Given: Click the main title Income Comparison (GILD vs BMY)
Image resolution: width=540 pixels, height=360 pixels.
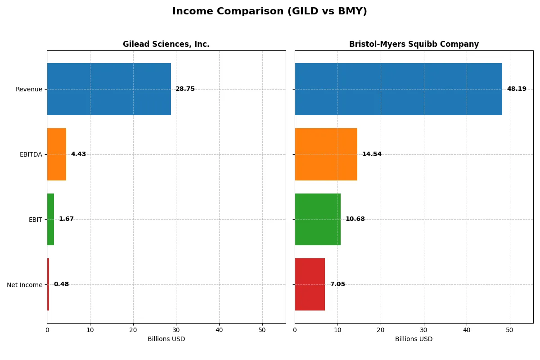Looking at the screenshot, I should pyautogui.click(x=270, y=11).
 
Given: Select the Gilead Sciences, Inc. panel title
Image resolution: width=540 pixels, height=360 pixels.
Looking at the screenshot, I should pyautogui.click(x=166, y=44).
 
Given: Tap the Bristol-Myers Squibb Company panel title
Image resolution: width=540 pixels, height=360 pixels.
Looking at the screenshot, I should pyautogui.click(x=414, y=44).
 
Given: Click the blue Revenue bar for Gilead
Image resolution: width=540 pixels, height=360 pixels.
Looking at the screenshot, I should pyautogui.click(x=109, y=89).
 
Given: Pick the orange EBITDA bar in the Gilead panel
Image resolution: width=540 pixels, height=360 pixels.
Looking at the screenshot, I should pyautogui.click(x=57, y=154).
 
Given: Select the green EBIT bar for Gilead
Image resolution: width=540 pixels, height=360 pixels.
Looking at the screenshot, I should pyautogui.click(x=50, y=219).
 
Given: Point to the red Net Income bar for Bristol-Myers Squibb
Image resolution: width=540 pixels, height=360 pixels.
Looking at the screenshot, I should pyautogui.click(x=310, y=284).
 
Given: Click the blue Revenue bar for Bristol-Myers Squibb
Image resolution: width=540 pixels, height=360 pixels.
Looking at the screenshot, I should pyautogui.click(x=398, y=89).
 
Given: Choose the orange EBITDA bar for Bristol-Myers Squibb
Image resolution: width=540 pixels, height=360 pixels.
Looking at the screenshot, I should pyautogui.click(x=326, y=154).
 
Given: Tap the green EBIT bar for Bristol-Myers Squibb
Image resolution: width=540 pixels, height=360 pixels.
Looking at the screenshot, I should pyautogui.click(x=318, y=219).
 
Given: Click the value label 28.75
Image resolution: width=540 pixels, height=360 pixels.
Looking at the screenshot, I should pyautogui.click(x=185, y=89).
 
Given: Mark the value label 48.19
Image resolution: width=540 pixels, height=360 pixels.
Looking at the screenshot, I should pyautogui.click(x=517, y=89).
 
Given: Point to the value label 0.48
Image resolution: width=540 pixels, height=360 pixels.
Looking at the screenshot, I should pyautogui.click(x=61, y=284).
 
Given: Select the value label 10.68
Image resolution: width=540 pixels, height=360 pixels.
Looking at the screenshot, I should pyautogui.click(x=355, y=219).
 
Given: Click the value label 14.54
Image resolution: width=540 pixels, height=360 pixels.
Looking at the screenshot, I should pyautogui.click(x=372, y=154).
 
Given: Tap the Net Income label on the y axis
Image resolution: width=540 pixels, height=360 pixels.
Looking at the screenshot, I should pyautogui.click(x=25, y=285).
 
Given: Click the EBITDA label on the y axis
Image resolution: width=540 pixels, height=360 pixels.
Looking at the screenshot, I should pyautogui.click(x=31, y=154).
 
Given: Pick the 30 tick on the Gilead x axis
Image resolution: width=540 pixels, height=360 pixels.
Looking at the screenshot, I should pyautogui.click(x=176, y=330).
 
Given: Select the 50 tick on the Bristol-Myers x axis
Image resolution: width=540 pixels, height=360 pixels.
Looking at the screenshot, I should pyautogui.click(x=509, y=330).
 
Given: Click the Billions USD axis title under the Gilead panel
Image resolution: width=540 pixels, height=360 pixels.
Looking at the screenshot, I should pyautogui.click(x=166, y=339).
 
